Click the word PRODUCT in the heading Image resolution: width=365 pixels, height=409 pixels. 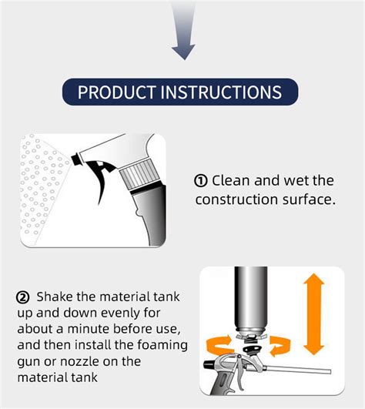click(117, 92)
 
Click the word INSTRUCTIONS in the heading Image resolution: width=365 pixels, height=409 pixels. click(221, 92)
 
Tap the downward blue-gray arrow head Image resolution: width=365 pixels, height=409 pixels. click(183, 52)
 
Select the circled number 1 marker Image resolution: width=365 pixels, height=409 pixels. click(201, 181)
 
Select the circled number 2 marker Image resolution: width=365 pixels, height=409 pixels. click(23, 297)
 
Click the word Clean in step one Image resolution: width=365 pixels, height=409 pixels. click(231, 180)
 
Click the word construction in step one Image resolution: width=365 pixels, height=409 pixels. click(236, 199)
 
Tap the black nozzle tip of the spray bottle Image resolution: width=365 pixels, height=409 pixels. click(76, 159)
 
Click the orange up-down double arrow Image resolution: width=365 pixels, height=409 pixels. click(313, 313)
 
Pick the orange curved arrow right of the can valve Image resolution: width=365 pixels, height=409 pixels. click(280, 346)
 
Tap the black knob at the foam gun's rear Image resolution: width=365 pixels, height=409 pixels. click(209, 364)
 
